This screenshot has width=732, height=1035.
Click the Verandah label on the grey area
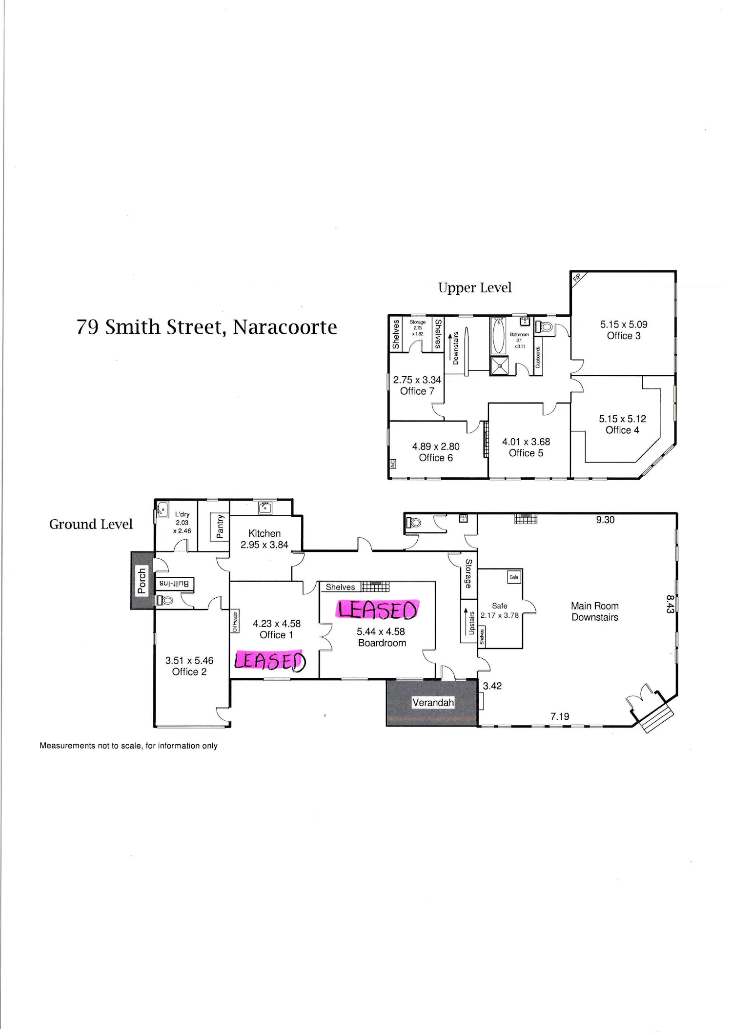click(433, 703)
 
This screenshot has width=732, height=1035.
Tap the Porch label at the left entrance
click(142, 580)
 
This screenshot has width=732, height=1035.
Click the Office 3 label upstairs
click(624, 336)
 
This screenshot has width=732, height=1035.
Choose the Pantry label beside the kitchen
click(220, 526)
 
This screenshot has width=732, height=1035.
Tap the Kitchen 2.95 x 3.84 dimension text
click(264, 545)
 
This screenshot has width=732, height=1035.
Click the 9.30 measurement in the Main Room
click(605, 520)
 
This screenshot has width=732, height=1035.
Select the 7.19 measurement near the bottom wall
click(560, 716)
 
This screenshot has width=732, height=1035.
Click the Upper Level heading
click(475, 288)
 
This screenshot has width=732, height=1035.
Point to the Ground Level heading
click(91, 524)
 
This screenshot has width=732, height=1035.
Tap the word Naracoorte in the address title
click(285, 327)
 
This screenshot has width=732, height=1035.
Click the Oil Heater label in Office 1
click(235, 621)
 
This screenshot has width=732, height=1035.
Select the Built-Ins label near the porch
click(174, 584)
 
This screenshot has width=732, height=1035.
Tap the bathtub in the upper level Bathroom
click(498, 336)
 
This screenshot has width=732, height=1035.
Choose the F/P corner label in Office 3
click(576, 278)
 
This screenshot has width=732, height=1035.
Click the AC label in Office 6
click(392, 464)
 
